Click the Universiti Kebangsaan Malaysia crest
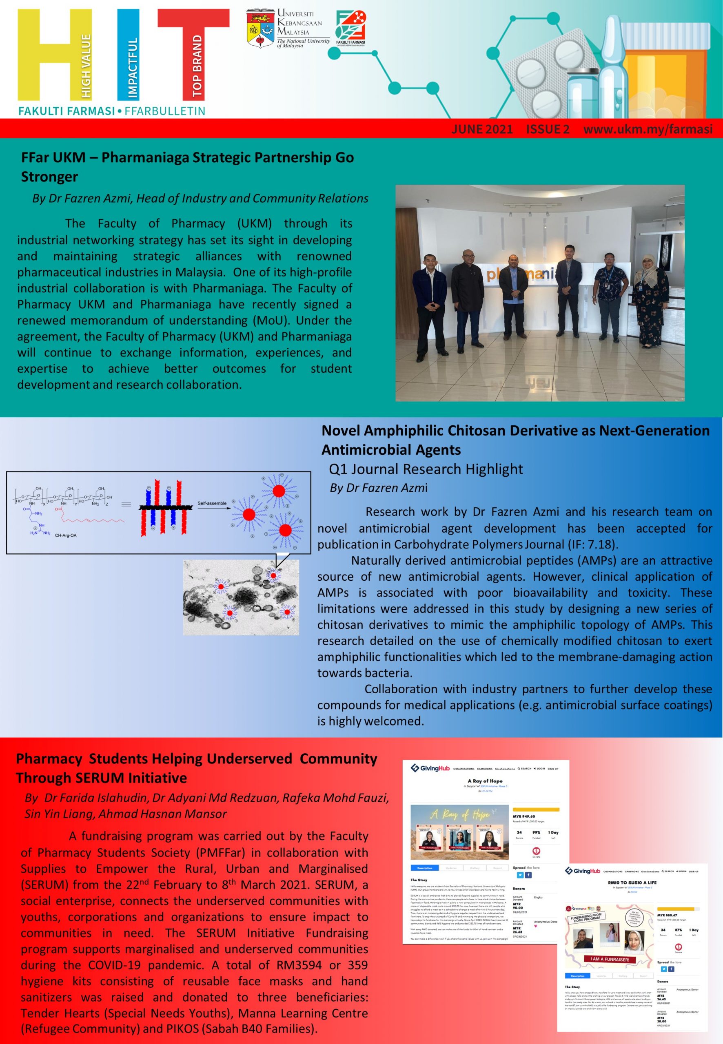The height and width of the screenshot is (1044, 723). click(260, 29)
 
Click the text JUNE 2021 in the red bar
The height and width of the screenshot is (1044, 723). click(481, 130)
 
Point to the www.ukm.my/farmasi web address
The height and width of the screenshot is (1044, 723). click(648, 130)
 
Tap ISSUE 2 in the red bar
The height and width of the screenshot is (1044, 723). click(547, 130)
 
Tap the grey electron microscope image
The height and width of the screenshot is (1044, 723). click(241, 597)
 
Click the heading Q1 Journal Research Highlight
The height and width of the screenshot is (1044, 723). click(426, 469)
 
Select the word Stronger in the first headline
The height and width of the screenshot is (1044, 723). click(49, 177)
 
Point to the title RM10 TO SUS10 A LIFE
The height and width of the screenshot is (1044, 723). click(632, 883)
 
